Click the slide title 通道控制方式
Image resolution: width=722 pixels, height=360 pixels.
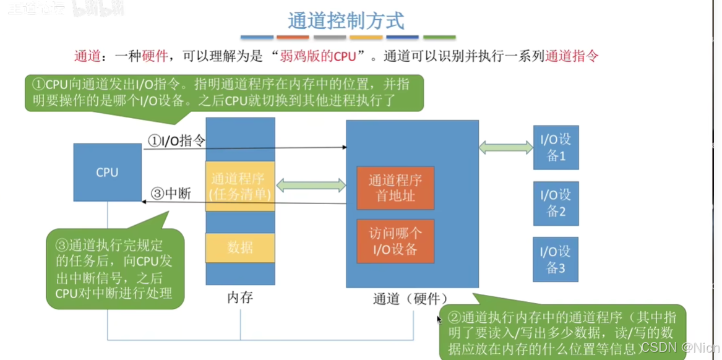tap(346, 20)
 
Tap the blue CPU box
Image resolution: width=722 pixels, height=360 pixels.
tap(107, 173)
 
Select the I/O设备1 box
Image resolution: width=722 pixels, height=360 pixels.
tap(556, 148)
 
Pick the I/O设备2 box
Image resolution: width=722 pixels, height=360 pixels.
tap(556, 204)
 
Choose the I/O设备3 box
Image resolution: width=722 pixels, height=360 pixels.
tap(556, 260)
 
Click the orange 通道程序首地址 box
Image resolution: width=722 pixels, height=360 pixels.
tap(395, 188)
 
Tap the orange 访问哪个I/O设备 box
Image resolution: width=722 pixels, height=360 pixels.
tap(395, 241)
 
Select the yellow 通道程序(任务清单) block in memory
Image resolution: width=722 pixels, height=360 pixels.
tap(240, 186)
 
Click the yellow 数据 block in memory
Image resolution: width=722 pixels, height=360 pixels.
tap(240, 247)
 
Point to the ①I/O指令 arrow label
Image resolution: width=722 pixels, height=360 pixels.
tap(176, 141)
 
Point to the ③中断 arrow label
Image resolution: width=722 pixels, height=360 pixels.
tap(171, 194)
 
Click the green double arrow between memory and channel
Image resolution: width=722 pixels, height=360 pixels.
tap(311, 185)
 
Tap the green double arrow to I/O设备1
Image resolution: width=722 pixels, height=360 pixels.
tap(506, 147)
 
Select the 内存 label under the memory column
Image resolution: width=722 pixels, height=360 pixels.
tap(240, 298)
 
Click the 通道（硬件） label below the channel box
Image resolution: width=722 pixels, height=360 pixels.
tap(410, 298)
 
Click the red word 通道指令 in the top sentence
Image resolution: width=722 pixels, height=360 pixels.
tap(572, 56)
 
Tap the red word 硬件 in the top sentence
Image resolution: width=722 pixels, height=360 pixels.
tap(155, 56)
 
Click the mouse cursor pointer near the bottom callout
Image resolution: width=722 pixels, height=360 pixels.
tap(439, 320)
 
